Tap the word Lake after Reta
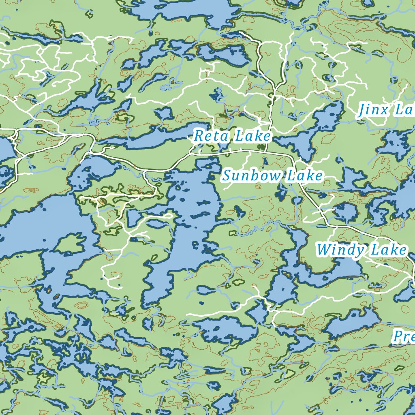pos(252,136)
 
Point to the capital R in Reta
pos(199,136)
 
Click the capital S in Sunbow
pos(227,176)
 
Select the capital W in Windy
pos(324,250)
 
